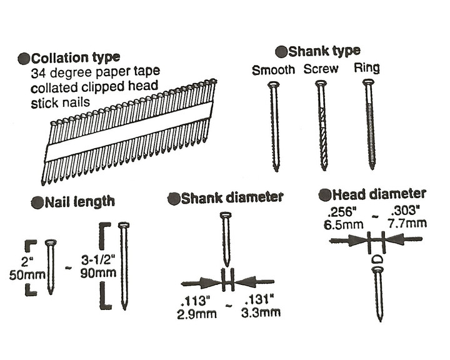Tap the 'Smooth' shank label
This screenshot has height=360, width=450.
click(273, 70)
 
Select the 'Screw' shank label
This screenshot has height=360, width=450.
click(321, 69)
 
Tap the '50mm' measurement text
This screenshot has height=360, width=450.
click(24, 273)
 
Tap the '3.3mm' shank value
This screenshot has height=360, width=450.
click(262, 312)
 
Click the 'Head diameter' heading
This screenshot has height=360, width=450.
click(378, 194)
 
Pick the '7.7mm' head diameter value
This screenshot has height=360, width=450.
click(409, 222)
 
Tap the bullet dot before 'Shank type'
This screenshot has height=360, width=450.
click(281, 52)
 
